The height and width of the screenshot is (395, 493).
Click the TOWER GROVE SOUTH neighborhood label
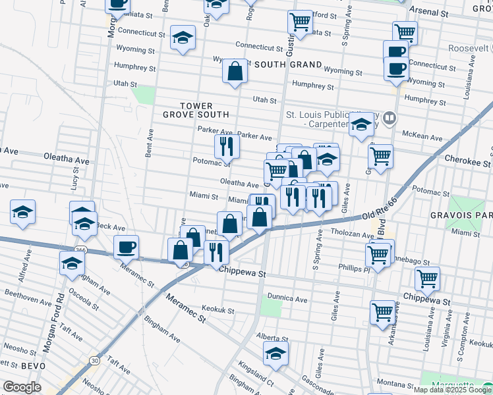click(x=188, y=109)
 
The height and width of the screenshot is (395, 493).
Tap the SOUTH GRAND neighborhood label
click(x=288, y=65)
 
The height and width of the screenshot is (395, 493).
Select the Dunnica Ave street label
click(x=288, y=298)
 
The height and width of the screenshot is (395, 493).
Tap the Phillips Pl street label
click(x=347, y=269)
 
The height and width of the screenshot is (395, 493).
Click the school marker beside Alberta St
click(x=276, y=354)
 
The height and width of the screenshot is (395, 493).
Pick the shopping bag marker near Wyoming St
click(x=235, y=71)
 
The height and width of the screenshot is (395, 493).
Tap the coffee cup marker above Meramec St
click(x=126, y=247)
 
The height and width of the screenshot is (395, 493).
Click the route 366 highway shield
click(x=78, y=249)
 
